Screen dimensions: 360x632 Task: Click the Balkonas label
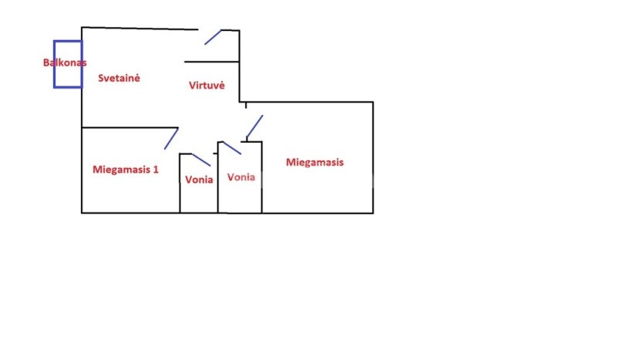64,62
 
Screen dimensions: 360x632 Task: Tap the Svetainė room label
119,78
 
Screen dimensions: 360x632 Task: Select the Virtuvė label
207,86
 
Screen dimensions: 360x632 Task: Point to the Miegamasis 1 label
125,169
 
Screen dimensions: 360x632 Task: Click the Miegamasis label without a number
314,163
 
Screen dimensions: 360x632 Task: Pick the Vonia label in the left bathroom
199,180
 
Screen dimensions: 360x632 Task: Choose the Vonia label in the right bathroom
240,177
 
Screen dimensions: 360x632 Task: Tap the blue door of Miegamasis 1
171,139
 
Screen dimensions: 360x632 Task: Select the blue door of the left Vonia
201,160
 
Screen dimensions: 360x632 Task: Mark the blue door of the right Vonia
232,148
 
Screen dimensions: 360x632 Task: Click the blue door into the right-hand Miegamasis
254,126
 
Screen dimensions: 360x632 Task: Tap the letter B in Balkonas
45,62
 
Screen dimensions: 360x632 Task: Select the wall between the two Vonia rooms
218,181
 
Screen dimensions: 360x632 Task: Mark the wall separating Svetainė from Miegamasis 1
129,127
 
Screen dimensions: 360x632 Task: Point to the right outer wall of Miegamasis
373,157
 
